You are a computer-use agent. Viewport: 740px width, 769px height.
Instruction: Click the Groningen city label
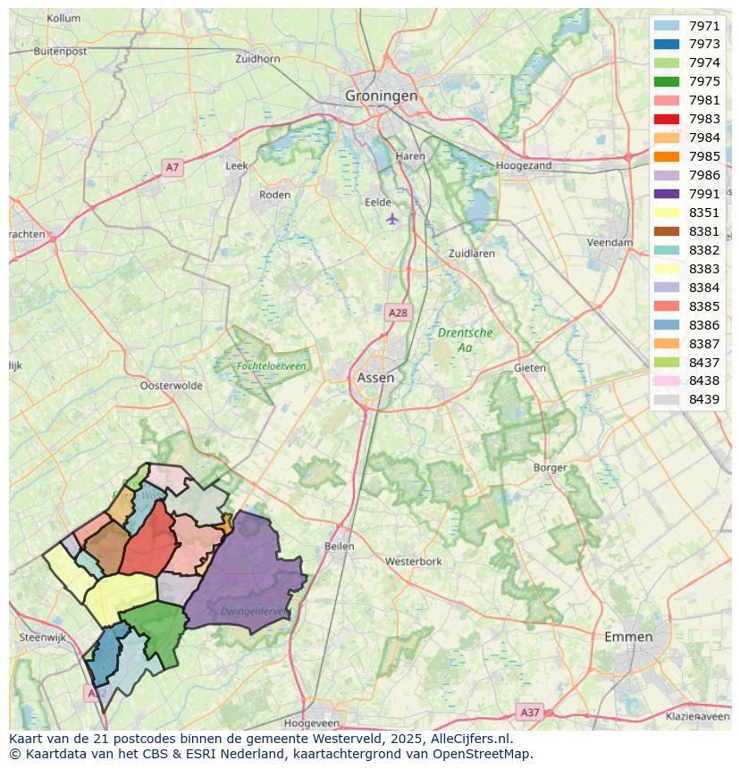[x=382, y=96]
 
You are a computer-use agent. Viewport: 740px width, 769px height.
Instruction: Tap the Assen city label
[x=375, y=378]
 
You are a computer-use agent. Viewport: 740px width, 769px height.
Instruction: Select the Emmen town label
[x=628, y=637]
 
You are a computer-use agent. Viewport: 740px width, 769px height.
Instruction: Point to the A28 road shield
[x=398, y=313]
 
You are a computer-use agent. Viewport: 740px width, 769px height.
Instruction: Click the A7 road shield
[x=172, y=167]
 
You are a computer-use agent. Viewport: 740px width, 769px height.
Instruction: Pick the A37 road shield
[x=530, y=712]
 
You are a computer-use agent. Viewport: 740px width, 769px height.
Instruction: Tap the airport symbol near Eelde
[x=391, y=218]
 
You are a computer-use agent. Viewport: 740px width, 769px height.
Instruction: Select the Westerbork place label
[x=413, y=562]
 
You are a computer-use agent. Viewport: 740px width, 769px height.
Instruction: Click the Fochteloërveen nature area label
[x=271, y=366]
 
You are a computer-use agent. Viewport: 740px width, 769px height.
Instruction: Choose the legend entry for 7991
[x=704, y=194]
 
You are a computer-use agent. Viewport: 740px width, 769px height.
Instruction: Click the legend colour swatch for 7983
[x=666, y=119]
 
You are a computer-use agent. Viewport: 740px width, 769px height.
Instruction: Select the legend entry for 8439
[x=704, y=399]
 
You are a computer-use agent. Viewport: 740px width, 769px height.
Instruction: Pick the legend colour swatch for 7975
[x=666, y=81]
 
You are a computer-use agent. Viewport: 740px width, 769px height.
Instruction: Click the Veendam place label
[x=610, y=242]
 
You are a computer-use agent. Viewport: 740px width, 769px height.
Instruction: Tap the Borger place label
[x=550, y=467]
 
